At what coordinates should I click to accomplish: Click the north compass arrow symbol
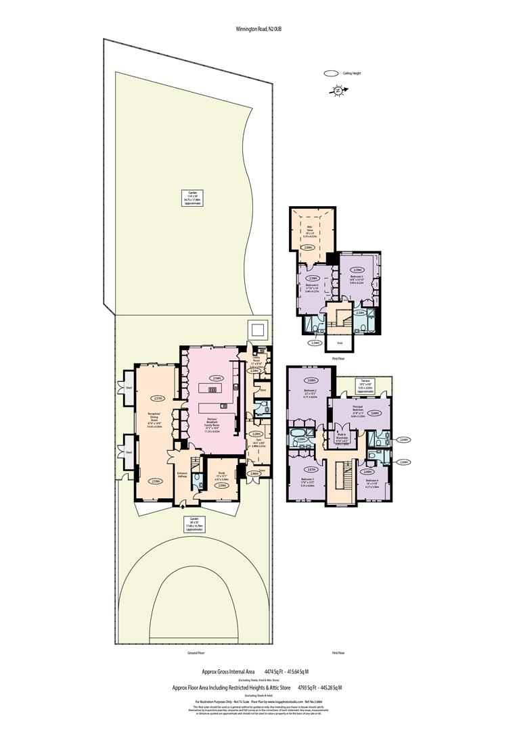pyautogui.click(x=336, y=89)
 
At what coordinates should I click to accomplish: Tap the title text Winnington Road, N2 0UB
pyautogui.click(x=258, y=29)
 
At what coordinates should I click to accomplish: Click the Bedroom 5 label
pyautogui.click(x=357, y=280)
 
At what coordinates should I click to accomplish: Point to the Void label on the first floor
pyautogui.click(x=339, y=342)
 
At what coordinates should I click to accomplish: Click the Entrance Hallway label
pyautogui.click(x=182, y=474)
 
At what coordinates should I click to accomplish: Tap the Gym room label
pyautogui.click(x=258, y=445)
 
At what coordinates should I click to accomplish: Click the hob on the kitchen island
pyautogui.click(x=215, y=390)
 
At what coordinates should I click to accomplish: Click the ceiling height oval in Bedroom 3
pyautogui.click(x=311, y=470)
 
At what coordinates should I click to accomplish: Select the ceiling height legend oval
pyautogui.click(x=332, y=74)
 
